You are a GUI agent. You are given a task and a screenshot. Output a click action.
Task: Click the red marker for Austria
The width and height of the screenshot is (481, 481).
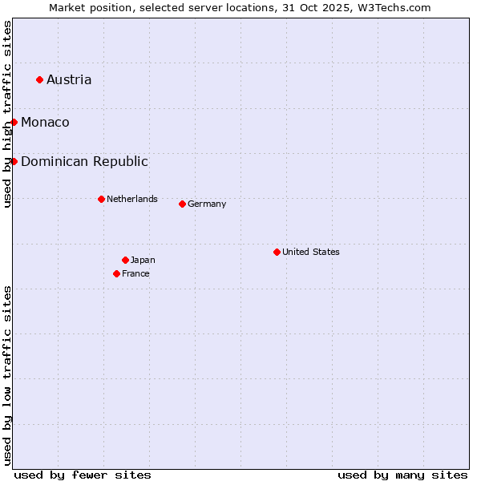39,79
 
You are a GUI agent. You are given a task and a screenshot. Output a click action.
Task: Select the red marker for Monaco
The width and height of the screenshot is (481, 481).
14,122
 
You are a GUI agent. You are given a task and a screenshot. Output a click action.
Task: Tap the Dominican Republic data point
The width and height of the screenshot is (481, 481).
14,161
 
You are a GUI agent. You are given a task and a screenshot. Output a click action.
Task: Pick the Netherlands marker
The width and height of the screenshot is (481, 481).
101,199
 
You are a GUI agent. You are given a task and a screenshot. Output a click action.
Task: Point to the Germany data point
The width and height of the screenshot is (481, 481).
182,204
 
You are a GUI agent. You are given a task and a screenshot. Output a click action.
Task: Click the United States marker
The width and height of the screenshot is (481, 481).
277,252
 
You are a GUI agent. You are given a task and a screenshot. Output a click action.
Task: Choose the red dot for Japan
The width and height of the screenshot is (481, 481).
125,260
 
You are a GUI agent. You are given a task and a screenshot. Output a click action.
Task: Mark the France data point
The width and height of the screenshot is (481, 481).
116,273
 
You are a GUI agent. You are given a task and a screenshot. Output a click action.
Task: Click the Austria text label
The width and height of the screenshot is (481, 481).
69,79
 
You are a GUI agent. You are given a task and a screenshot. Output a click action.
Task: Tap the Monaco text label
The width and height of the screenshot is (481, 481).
45,122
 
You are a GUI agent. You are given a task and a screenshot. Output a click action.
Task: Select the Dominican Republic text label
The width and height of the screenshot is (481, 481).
84,161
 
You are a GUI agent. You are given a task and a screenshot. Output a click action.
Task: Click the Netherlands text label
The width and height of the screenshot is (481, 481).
132,199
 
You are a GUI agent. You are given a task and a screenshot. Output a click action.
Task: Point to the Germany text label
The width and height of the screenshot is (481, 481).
207,204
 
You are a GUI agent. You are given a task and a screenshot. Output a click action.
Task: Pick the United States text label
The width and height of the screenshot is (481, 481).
311,252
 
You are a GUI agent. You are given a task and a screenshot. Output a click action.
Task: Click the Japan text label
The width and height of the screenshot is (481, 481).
143,260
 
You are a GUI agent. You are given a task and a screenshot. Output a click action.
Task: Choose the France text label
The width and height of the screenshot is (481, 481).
135,273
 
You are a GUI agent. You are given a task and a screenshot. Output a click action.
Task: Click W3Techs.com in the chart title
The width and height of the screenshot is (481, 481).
395,7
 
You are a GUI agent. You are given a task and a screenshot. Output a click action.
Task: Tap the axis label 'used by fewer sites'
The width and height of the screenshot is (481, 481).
83,475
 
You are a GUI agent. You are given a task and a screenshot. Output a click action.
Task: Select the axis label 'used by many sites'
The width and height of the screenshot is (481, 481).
402,475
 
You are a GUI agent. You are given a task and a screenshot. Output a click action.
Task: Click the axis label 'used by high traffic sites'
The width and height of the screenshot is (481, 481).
7,114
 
